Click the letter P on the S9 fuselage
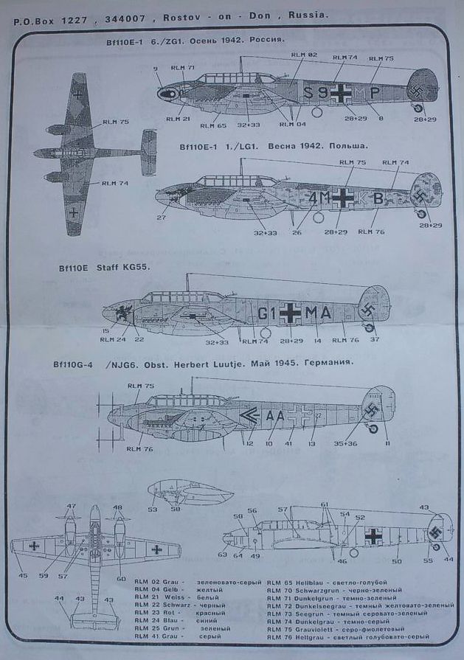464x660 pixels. coord(375,93)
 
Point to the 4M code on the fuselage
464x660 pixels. coord(320,198)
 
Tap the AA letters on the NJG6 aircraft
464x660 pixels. coord(274,415)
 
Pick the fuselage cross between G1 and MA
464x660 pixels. coord(291,314)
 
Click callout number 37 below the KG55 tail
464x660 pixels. coord(375,340)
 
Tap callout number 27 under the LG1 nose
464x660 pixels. coord(161,218)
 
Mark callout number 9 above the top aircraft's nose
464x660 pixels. coord(156,69)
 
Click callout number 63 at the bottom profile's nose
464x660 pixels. coord(222,554)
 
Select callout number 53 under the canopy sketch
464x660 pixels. coord(152,509)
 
